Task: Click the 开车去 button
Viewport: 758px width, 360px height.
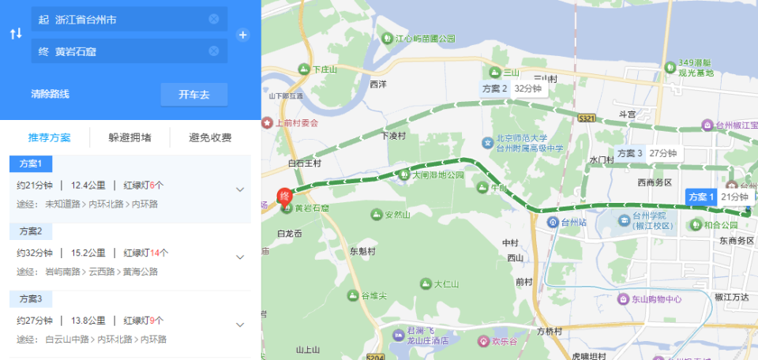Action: [194, 95]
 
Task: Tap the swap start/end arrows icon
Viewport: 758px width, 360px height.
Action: [15, 34]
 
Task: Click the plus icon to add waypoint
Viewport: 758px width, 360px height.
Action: [243, 35]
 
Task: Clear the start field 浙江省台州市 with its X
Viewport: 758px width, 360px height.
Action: [214, 19]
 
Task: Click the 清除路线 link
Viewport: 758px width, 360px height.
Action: [50, 94]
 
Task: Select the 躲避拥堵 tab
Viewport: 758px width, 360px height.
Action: [130, 137]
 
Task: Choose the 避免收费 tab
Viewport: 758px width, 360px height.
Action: [210, 137]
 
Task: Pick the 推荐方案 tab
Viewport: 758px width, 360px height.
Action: [50, 137]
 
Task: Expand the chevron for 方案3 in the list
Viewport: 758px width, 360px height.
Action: [240, 324]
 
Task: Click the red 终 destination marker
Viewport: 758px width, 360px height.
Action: [285, 196]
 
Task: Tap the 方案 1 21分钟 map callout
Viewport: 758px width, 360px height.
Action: [718, 197]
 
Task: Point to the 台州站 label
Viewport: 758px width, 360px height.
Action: [572, 222]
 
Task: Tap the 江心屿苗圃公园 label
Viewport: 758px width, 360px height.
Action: [424, 38]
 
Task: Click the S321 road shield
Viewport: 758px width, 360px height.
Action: [586, 118]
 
